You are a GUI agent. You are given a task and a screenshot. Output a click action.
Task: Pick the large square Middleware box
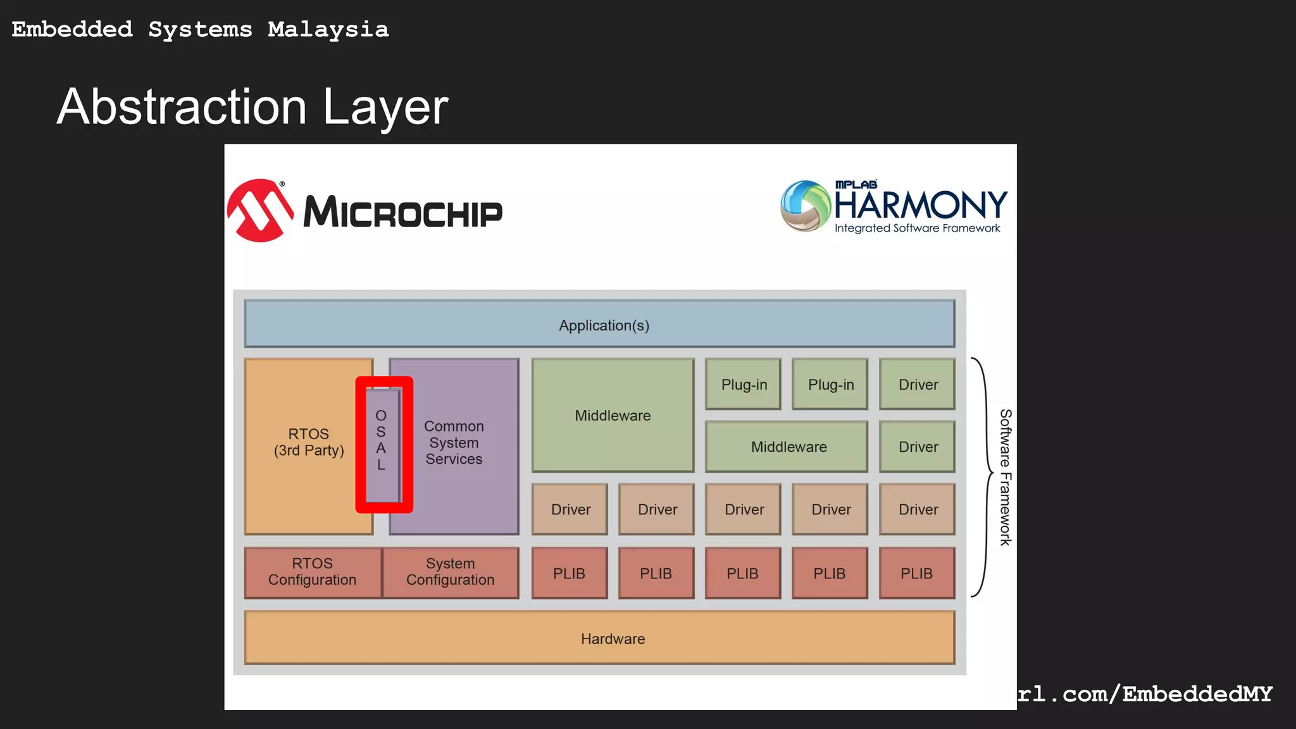point(613,415)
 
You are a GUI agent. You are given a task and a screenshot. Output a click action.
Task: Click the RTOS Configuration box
point(313,572)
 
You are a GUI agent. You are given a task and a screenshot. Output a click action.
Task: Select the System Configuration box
point(451,572)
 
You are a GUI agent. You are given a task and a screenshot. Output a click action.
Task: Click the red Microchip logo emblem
point(260,211)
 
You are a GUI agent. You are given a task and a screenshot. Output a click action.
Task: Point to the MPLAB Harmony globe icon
point(805,206)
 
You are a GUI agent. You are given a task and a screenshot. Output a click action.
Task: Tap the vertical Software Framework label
point(1006,477)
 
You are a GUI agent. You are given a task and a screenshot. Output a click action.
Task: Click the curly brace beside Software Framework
point(983,477)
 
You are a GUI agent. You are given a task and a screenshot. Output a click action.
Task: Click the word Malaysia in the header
point(328,30)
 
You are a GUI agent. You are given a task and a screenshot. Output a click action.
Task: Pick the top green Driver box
point(917,384)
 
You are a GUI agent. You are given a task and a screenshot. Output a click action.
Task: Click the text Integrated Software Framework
point(917,228)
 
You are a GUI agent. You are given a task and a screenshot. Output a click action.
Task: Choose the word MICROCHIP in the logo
point(402,213)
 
